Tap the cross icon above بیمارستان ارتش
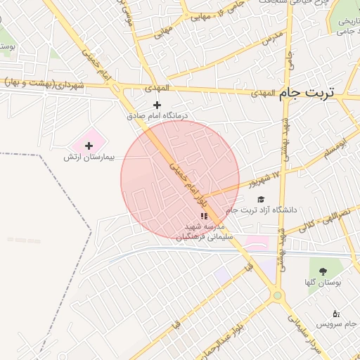[x=88, y=145]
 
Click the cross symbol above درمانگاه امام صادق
[x=157, y=105]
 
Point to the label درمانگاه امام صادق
[x=159, y=115]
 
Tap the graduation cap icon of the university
[x=261, y=200]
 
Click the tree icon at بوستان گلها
[x=323, y=271]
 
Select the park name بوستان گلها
[x=323, y=283]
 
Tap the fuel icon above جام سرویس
[x=335, y=314]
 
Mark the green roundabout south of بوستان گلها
[x=278, y=295]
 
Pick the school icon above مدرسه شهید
[x=204, y=217]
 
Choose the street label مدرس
[x=271, y=38]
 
